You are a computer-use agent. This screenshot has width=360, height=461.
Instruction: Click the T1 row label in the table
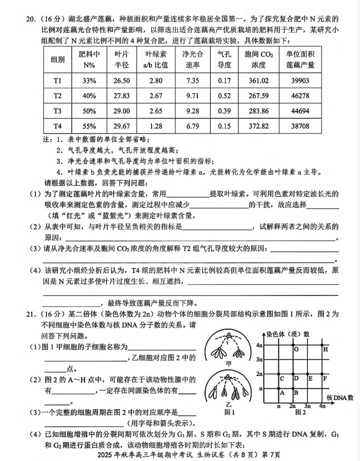point(57,81)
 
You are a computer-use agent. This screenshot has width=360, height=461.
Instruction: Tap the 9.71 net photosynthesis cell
point(193,96)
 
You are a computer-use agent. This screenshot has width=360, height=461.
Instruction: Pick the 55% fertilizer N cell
point(89,126)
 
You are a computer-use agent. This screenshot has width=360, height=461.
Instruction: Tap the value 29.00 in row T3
point(122,111)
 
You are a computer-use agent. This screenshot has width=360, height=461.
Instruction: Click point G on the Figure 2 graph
point(296,349)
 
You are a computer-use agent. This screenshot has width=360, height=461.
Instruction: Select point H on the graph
point(326,349)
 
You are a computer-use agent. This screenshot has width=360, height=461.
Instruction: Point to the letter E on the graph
point(311,379)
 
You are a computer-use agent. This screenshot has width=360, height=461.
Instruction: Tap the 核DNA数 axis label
point(340,398)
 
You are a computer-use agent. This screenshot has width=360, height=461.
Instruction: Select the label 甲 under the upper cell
point(229,363)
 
